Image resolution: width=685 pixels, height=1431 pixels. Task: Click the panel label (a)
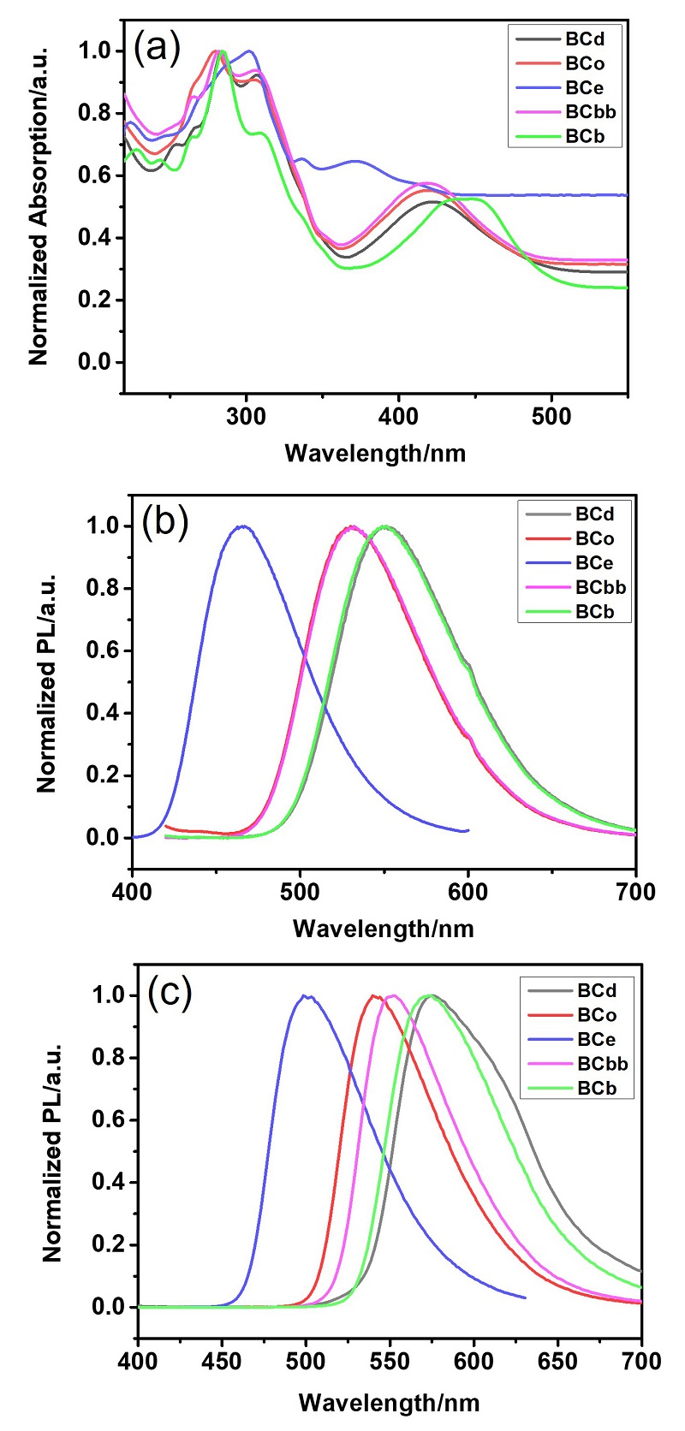(158, 48)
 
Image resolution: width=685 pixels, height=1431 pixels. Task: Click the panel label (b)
(165, 521)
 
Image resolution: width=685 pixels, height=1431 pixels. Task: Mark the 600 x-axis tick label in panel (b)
(468, 893)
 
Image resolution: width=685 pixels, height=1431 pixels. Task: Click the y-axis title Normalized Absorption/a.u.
(39, 205)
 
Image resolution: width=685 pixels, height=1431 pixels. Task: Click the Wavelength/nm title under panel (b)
(383, 928)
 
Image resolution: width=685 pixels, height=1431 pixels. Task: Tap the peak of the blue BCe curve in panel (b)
(244, 525)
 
